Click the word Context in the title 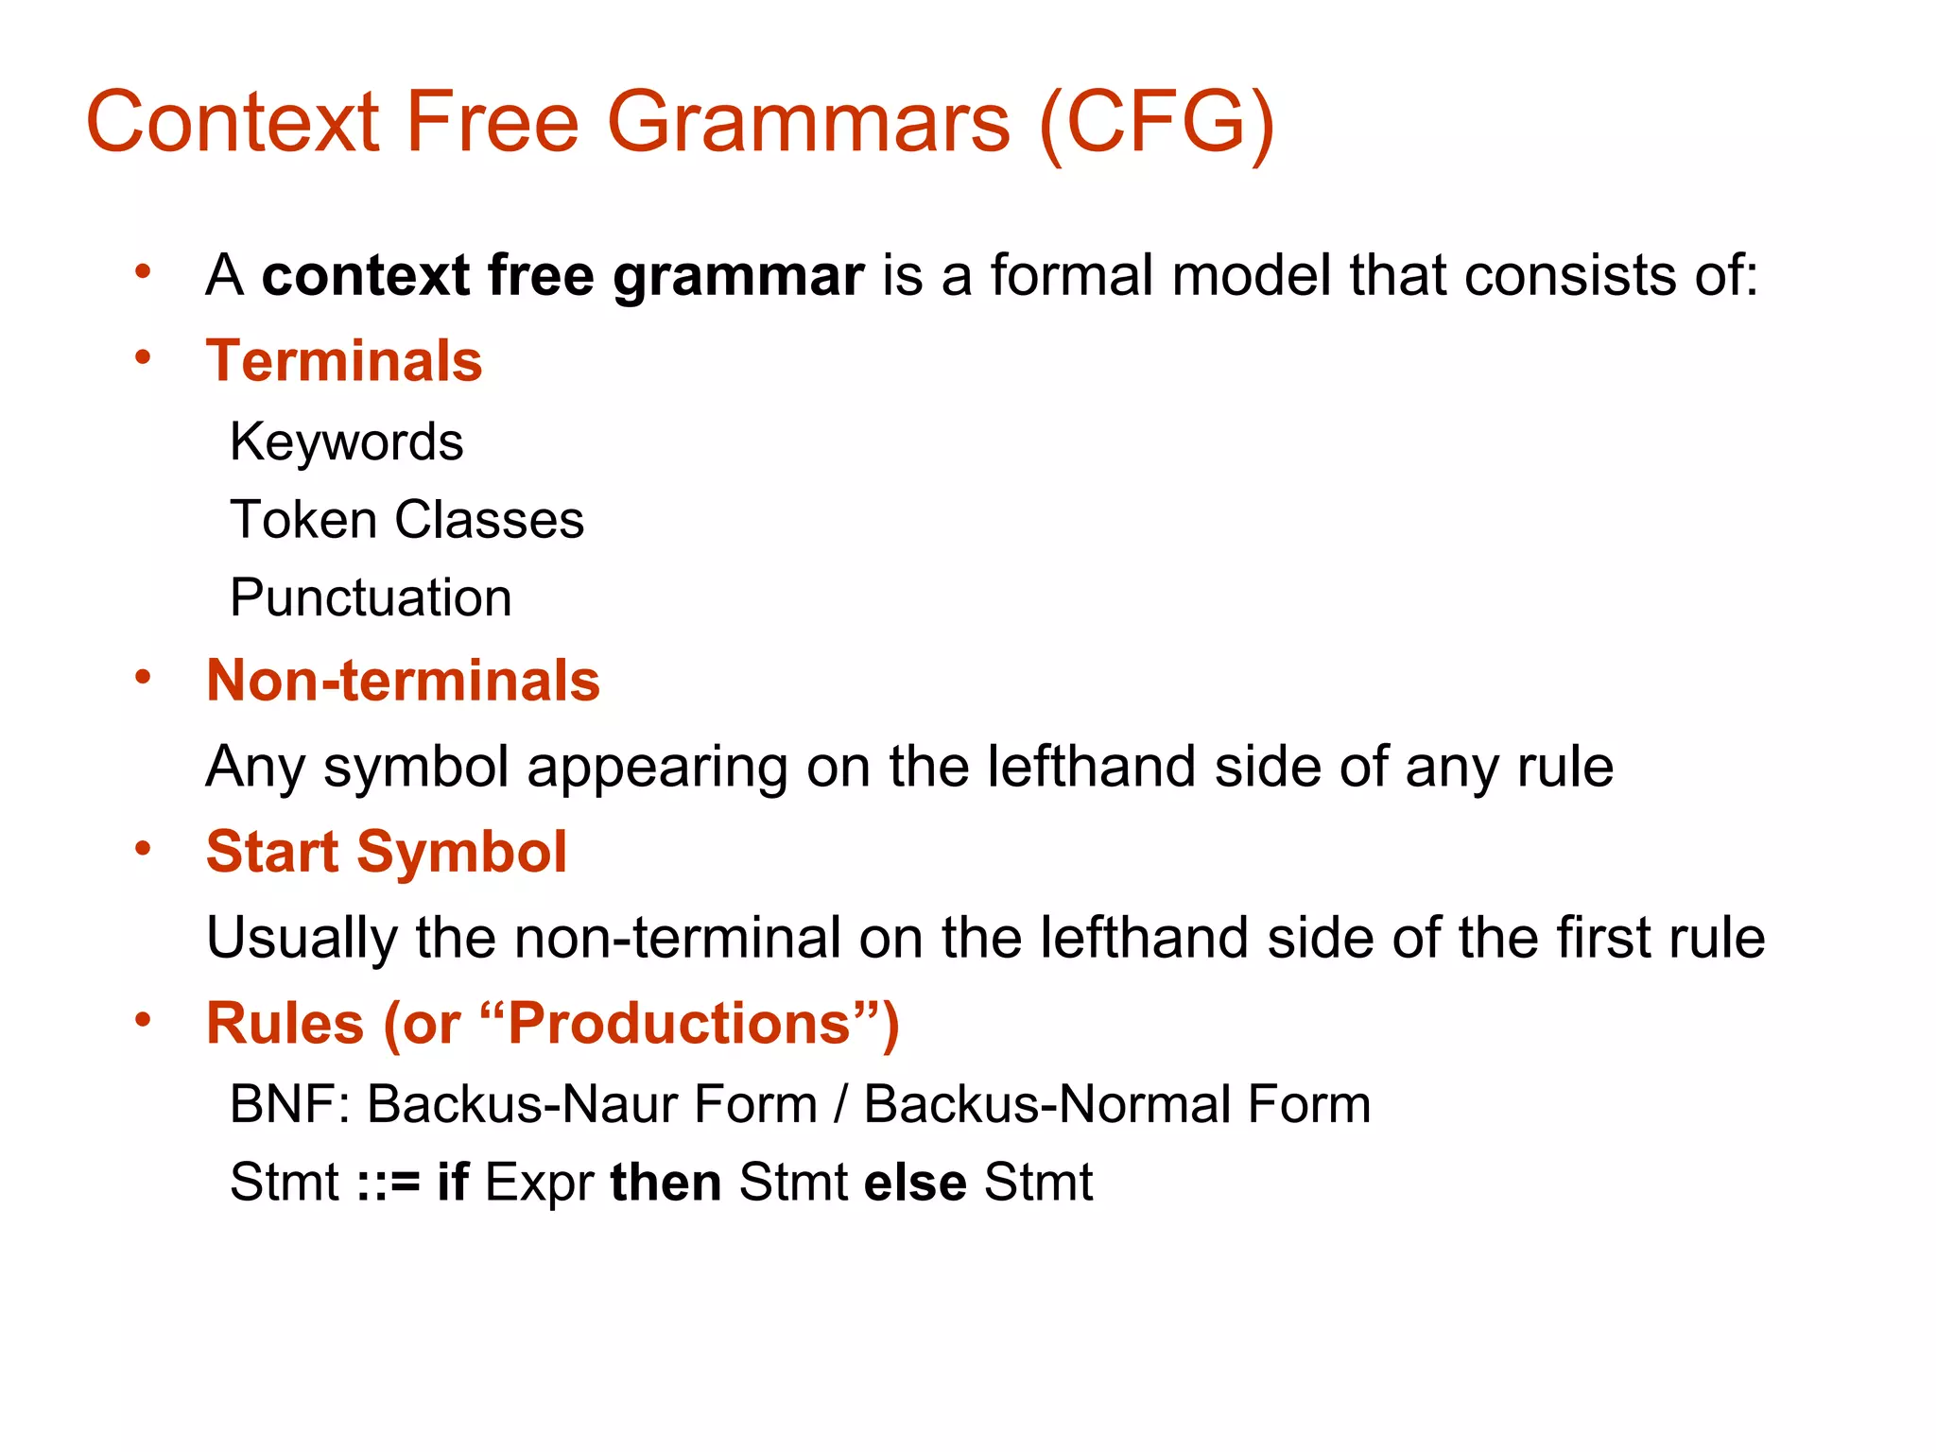click(x=233, y=123)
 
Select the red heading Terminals click(x=344, y=361)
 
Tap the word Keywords click(x=347, y=442)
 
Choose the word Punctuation click(x=371, y=598)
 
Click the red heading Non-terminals click(x=403, y=681)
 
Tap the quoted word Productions click(x=680, y=1024)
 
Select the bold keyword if click(x=452, y=1182)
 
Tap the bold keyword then click(x=665, y=1182)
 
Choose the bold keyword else click(x=915, y=1182)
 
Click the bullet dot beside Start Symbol click(x=143, y=848)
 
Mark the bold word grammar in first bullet click(x=737, y=277)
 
